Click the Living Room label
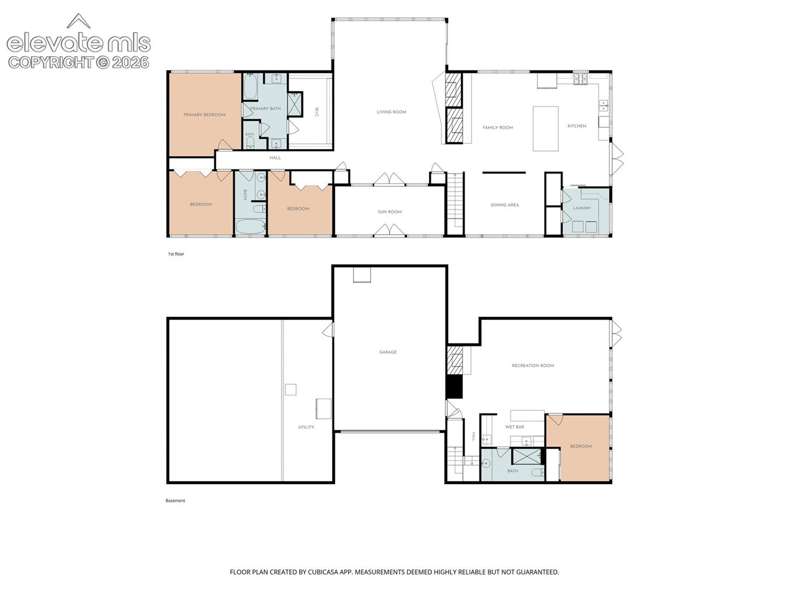[x=391, y=112]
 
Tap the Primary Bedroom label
[x=204, y=115]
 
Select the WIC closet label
[x=316, y=111]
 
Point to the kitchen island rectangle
[x=545, y=128]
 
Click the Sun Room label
[x=389, y=212]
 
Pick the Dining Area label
[x=504, y=205]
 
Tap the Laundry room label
[x=581, y=208]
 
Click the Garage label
[x=388, y=352]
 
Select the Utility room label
[x=306, y=427]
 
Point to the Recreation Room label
[x=533, y=366]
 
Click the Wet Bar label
[x=514, y=427]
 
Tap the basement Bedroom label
[x=580, y=446]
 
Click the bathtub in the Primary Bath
[x=250, y=86]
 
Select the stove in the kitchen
[x=580, y=79]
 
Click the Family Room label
[x=498, y=128]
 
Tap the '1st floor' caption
[x=176, y=254]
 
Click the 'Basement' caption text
[x=175, y=500]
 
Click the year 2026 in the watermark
[x=130, y=62]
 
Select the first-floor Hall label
[x=275, y=158]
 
